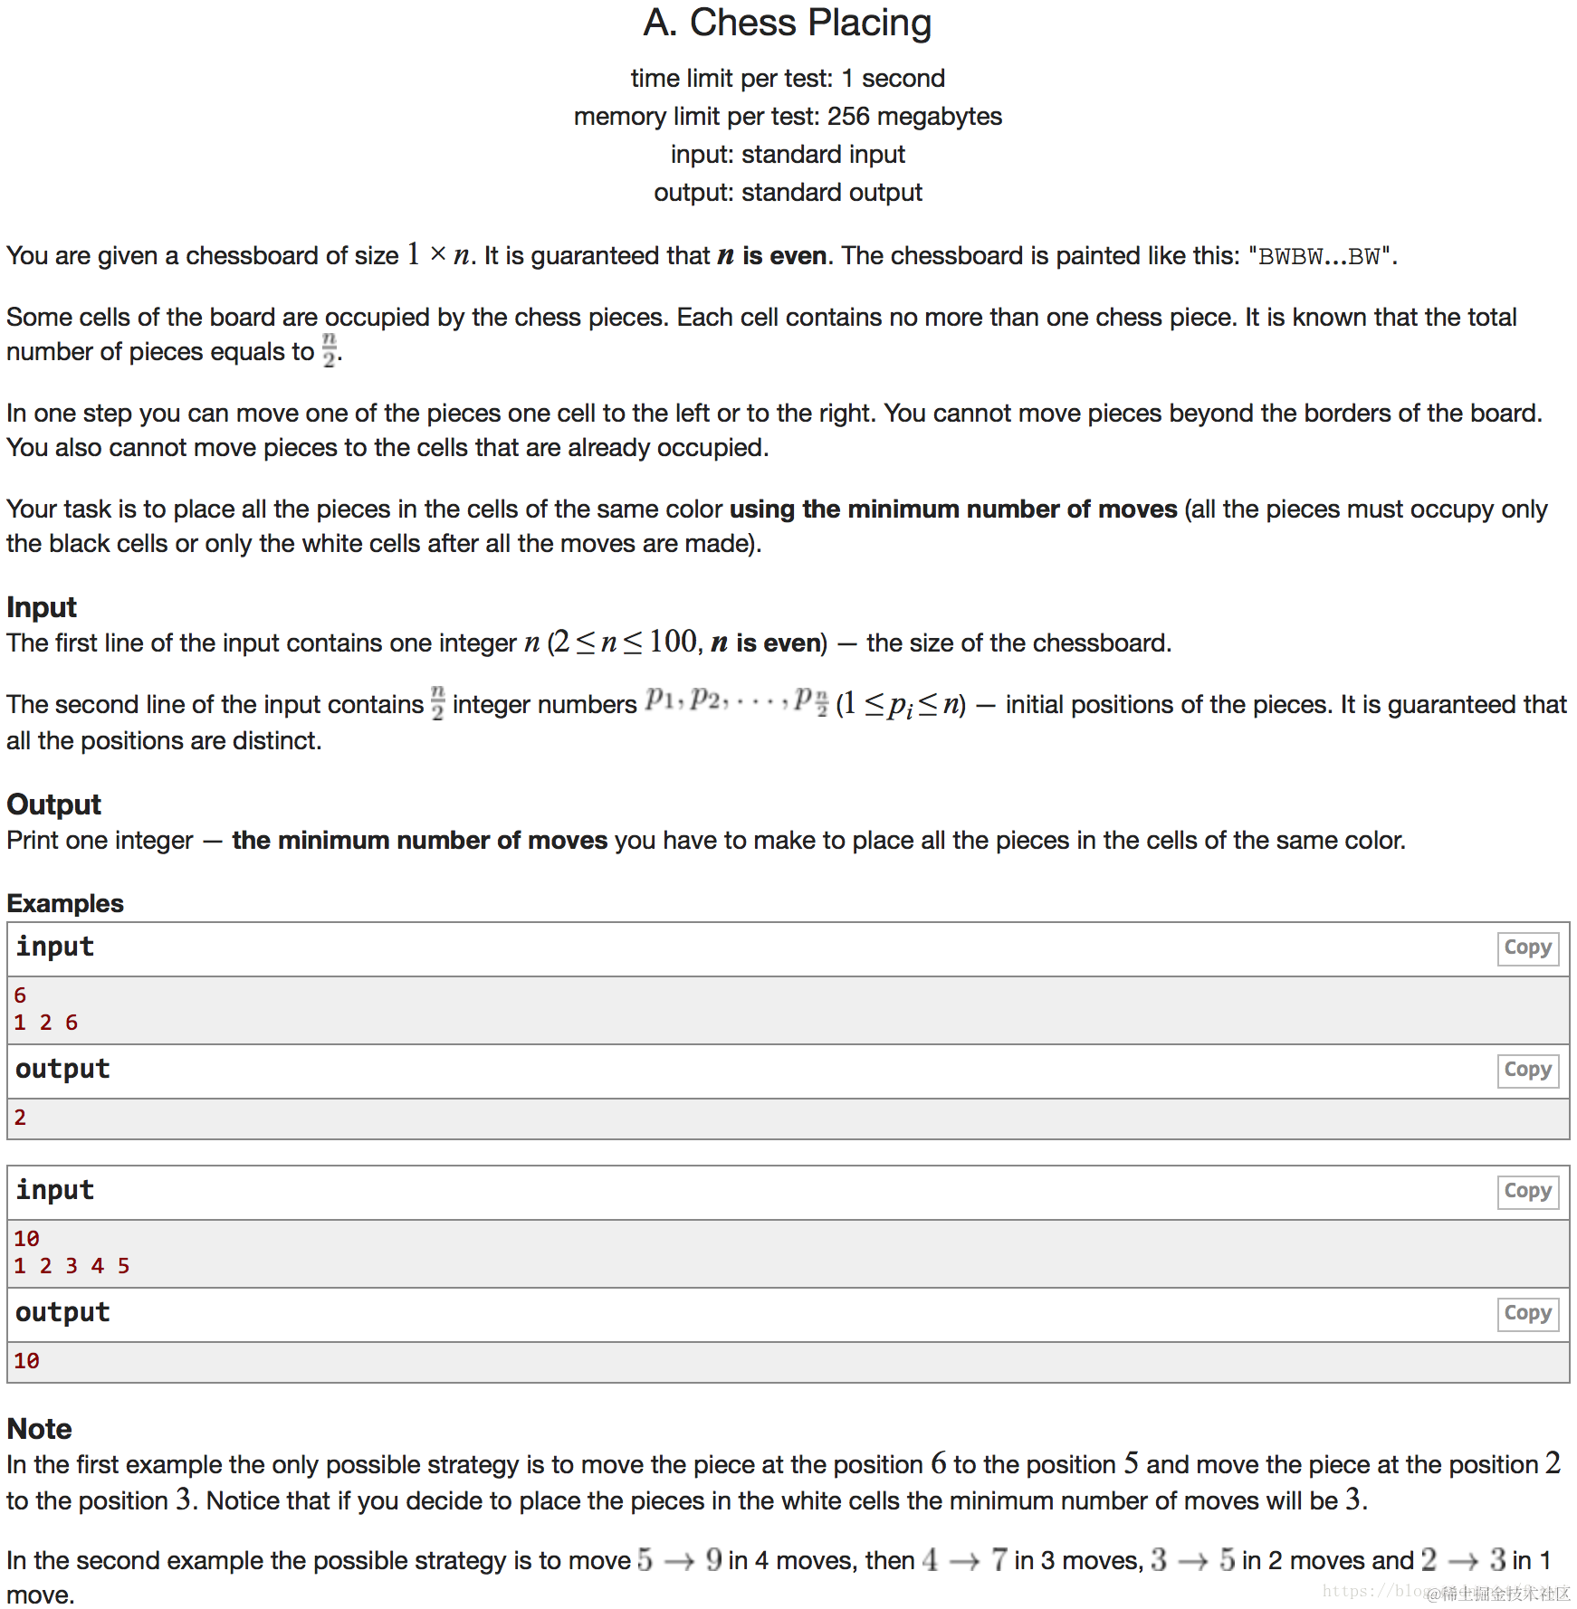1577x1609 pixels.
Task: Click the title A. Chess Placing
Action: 787,24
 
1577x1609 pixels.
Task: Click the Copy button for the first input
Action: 1527,947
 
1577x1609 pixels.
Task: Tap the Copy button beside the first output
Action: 1527,1070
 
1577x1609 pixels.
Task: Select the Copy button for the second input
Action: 1527,1191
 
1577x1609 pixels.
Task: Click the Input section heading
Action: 42,607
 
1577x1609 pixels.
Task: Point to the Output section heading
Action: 53,804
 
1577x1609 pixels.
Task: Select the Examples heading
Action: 65,903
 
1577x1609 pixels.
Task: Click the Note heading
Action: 39,1429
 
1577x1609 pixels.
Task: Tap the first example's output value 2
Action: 20,1118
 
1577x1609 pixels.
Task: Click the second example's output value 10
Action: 26,1361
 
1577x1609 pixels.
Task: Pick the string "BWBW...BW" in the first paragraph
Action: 1321,257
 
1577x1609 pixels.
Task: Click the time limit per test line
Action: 788,79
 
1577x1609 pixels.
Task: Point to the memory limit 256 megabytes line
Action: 788,117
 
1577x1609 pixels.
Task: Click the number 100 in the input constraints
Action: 673,643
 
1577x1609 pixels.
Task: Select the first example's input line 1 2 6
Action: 45,1023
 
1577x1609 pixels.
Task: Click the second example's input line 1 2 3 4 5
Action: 72,1266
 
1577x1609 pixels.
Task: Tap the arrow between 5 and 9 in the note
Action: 679,1561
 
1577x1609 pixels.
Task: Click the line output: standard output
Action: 788,193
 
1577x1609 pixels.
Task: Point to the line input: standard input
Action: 788,155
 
